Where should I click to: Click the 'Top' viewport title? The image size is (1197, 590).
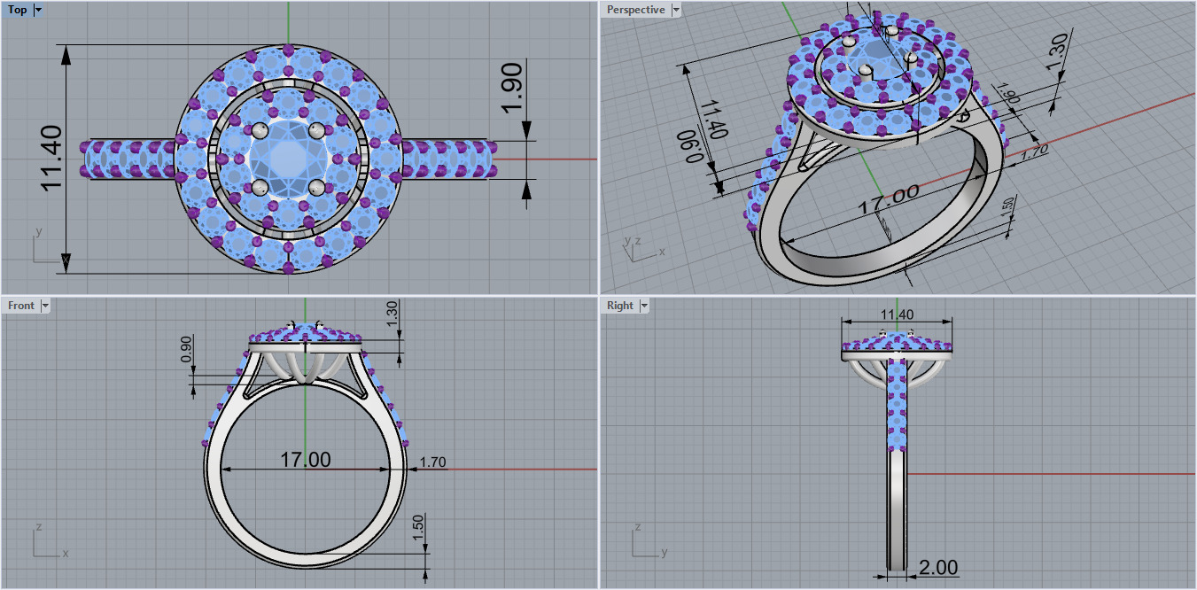(17, 10)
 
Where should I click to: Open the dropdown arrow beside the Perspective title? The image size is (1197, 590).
(676, 10)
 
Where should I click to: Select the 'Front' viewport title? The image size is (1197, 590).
(21, 306)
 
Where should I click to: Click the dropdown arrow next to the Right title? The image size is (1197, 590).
(644, 306)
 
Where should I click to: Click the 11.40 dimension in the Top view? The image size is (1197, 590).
(51, 157)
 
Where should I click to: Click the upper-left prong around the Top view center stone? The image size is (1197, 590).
(260, 130)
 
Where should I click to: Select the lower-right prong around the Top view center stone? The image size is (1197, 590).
(316, 187)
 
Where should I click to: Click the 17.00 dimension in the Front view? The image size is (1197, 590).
(306, 460)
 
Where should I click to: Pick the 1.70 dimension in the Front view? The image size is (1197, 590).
(432, 462)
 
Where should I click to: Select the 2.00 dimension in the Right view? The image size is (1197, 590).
(937, 567)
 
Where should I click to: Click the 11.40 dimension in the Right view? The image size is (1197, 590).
(897, 314)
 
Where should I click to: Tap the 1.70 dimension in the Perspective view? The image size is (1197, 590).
(1034, 151)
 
